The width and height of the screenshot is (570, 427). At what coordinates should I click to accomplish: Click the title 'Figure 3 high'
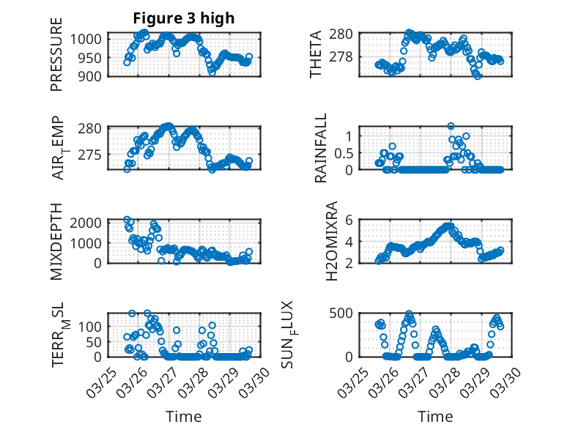point(184,18)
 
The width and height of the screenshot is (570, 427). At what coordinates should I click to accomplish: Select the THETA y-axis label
point(316,54)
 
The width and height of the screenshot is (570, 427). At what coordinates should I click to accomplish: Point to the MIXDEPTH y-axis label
point(56,241)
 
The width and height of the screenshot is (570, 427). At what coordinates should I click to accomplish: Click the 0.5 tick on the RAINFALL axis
point(344,152)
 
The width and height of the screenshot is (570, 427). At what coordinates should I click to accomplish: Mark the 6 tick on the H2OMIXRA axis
point(350,220)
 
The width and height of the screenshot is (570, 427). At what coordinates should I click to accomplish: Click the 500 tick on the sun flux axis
point(344,313)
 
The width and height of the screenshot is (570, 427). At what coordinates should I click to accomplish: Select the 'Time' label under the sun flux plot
point(435,416)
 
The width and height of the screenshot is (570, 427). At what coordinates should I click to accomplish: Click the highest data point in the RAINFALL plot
point(451,126)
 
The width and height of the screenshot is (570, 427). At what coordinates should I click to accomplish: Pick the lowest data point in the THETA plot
point(478,75)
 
